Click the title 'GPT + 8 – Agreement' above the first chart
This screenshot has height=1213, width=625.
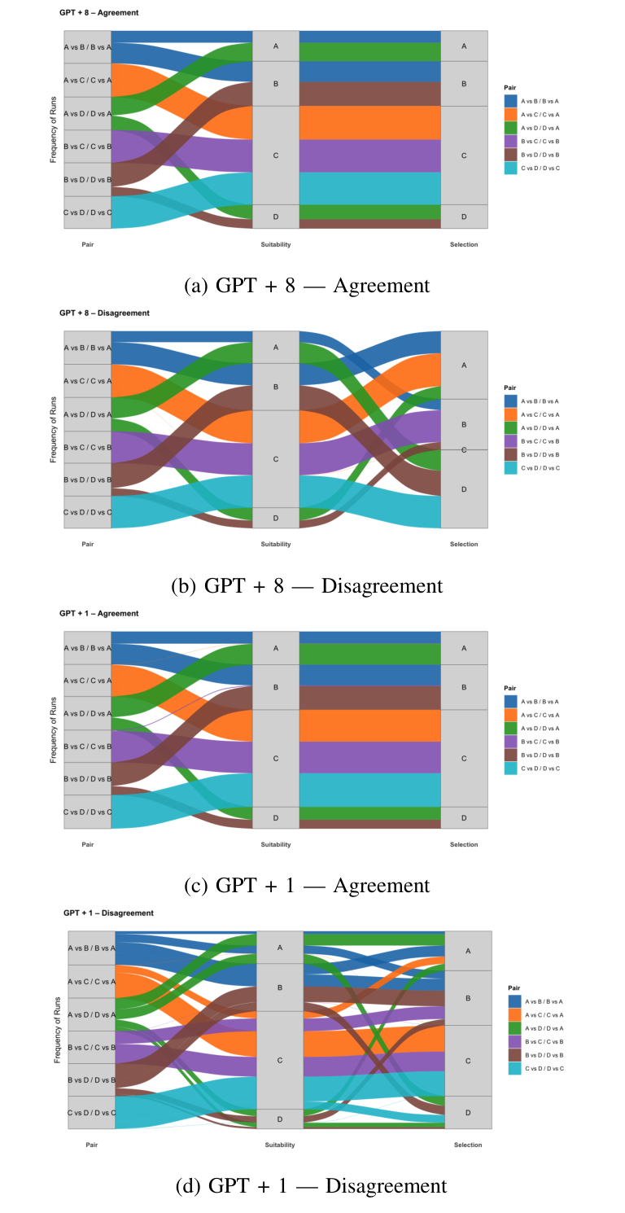[x=98, y=13]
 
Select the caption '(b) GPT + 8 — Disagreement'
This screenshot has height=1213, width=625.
[x=307, y=586]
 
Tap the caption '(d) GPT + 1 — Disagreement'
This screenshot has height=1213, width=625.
[x=311, y=1186]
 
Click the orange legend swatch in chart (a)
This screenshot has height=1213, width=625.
[x=510, y=115]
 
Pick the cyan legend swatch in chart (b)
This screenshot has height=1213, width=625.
[x=510, y=468]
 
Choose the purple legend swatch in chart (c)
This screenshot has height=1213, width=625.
[x=510, y=742]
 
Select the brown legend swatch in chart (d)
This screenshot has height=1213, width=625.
[x=514, y=1054]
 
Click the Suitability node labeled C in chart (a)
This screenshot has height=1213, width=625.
[x=276, y=155]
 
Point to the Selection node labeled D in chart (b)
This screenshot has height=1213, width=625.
[x=464, y=489]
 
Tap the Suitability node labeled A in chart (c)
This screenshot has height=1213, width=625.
[x=276, y=648]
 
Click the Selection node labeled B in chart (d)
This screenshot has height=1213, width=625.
[x=468, y=997]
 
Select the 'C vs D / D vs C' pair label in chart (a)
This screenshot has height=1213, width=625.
[x=88, y=212]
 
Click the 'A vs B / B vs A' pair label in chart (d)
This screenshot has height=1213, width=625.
[x=92, y=948]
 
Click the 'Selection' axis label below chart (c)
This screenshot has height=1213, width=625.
[x=464, y=844]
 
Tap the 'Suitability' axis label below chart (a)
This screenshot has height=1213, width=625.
[x=276, y=244]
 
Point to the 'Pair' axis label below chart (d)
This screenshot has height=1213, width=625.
[x=92, y=1145]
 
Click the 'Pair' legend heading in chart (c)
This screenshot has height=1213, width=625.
[x=510, y=688]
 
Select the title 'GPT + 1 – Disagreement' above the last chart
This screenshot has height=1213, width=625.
[x=108, y=913]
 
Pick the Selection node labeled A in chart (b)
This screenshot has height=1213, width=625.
[x=464, y=366]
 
